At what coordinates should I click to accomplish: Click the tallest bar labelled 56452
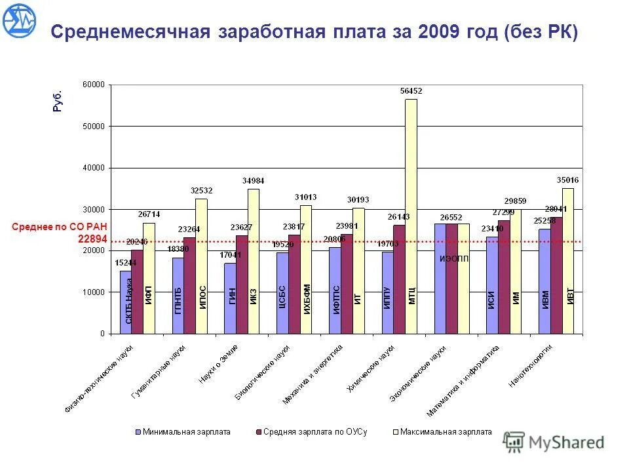[411, 216]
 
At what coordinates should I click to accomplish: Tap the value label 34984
[253, 180]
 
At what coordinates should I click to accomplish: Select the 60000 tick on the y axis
[94, 85]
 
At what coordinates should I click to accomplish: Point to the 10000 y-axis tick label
[94, 292]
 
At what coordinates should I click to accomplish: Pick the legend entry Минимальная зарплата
[183, 432]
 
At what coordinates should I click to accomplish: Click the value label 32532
[201, 191]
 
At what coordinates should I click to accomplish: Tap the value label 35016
[567, 180]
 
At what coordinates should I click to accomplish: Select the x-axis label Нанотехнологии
[531, 366]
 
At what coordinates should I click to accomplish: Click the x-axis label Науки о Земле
[218, 364]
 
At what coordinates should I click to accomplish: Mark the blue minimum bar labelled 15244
[125, 302]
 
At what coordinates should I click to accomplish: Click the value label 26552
[451, 216]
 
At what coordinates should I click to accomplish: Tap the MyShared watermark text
[566, 442]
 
